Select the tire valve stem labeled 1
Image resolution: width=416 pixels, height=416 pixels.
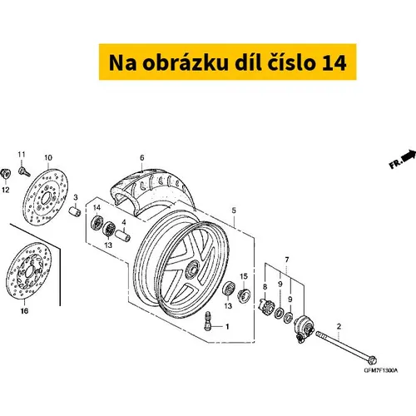207,320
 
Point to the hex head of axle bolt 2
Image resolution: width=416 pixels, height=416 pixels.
372,360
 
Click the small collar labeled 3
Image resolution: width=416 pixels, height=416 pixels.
75,211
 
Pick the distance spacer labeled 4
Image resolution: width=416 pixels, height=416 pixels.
122,235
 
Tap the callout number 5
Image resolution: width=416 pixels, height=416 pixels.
234,210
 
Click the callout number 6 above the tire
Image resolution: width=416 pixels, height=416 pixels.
142,158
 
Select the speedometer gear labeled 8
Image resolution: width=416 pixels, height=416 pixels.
266,306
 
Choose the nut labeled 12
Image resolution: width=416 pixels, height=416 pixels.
6,174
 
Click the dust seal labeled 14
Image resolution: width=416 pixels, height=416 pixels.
97,223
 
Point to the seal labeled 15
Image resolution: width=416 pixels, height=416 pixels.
244,295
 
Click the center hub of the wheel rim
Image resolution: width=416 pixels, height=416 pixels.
192,269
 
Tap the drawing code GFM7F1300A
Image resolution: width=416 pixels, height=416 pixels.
381,370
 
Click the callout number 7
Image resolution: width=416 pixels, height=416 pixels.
287,260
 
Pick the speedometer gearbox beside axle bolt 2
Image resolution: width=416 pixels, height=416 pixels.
304,328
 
